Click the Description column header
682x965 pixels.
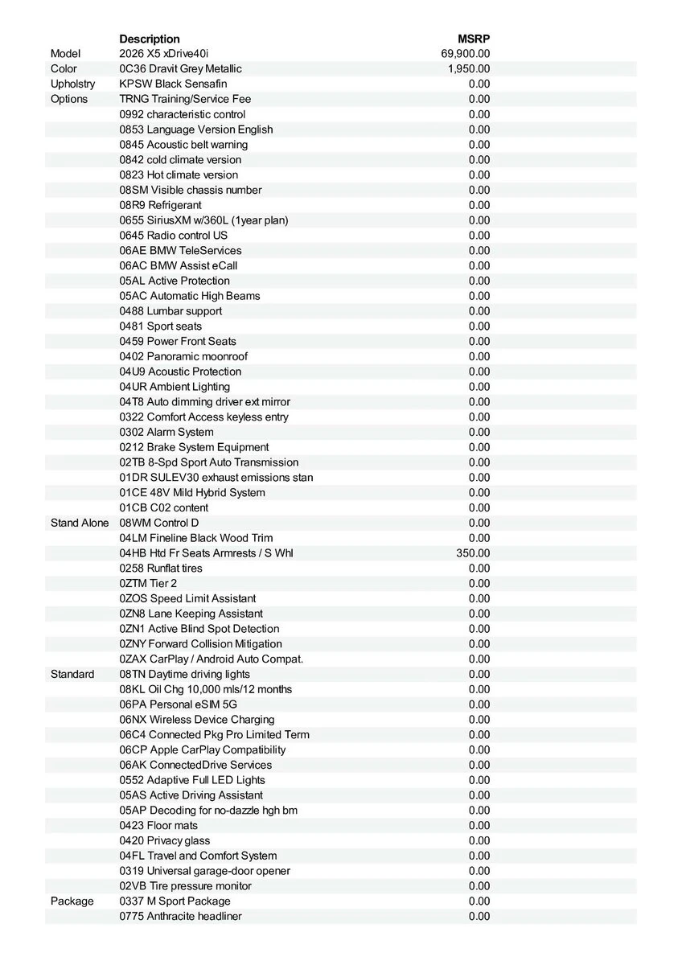point(150,39)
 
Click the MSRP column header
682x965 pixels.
point(474,39)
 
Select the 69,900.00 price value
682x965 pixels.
point(466,54)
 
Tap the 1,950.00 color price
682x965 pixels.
point(469,69)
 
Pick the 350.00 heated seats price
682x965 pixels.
point(473,553)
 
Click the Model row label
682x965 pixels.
point(66,54)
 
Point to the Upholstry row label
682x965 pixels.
point(72,84)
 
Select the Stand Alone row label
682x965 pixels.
point(79,523)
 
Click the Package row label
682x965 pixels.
point(72,901)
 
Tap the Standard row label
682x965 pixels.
point(72,674)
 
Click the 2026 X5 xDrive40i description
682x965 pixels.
point(163,54)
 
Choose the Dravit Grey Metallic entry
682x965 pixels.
point(180,69)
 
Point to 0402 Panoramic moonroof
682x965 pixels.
point(183,356)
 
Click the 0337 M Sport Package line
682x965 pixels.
point(175,901)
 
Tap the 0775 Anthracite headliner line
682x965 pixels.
point(180,916)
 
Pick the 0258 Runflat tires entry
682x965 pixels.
point(161,569)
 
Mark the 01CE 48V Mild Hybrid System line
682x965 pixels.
point(192,493)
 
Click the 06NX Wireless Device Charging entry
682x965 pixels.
point(197,720)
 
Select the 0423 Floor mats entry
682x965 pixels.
point(158,826)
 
